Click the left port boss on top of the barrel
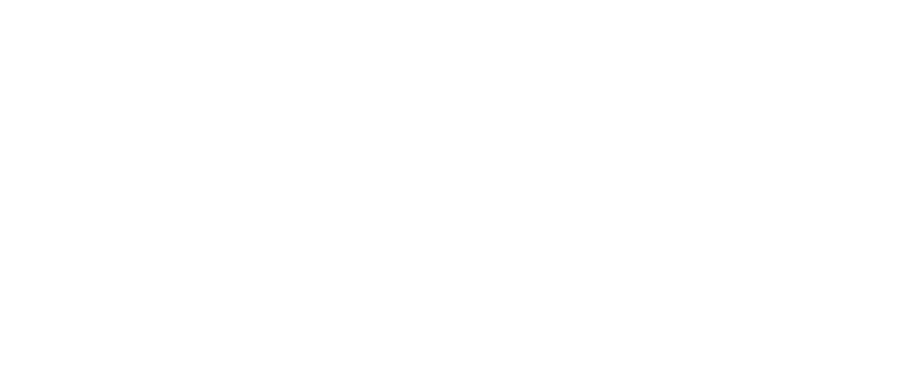pos(221,27)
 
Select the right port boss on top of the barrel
pos(461,27)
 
